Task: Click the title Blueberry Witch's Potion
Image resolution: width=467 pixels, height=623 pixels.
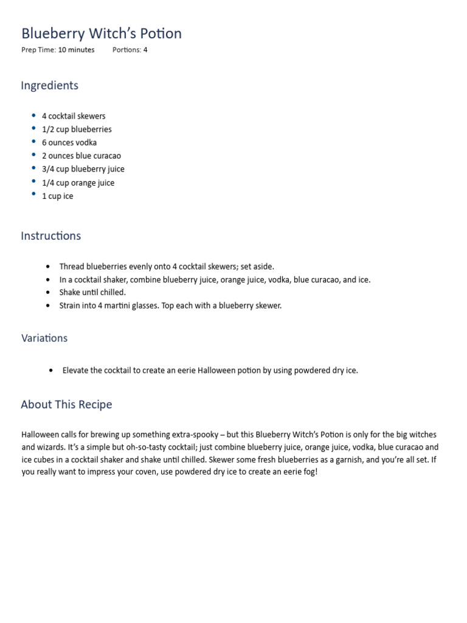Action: pyautogui.click(x=102, y=33)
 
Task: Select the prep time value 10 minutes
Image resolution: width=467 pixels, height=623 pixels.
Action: pyautogui.click(x=76, y=50)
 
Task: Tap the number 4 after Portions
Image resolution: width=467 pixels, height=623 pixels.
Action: pyautogui.click(x=145, y=50)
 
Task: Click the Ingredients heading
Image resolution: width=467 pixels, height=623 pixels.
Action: pyautogui.click(x=49, y=85)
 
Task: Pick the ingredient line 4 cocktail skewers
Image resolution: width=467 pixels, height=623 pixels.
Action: pyautogui.click(x=74, y=116)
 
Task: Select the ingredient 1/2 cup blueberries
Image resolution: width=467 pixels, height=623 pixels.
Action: pyautogui.click(x=77, y=129)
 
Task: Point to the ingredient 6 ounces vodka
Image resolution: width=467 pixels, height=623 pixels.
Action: pyautogui.click(x=69, y=142)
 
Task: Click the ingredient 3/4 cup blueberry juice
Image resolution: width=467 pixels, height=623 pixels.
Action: pyautogui.click(x=83, y=169)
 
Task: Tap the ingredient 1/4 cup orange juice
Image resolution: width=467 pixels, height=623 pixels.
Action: pyautogui.click(x=78, y=183)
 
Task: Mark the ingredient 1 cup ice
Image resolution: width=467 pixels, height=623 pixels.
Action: pyautogui.click(x=58, y=196)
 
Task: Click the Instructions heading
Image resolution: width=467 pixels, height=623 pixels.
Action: pyautogui.click(x=50, y=235)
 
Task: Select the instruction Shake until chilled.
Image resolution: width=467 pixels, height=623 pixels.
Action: pyautogui.click(x=92, y=292)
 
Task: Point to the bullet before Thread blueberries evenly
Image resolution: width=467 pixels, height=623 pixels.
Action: pyautogui.click(x=49, y=266)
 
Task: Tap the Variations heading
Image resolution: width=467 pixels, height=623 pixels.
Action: pyautogui.click(x=44, y=338)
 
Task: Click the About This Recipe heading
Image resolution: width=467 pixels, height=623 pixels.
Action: pyautogui.click(x=66, y=405)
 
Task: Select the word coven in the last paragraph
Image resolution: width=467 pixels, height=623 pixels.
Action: pyautogui.click(x=134, y=472)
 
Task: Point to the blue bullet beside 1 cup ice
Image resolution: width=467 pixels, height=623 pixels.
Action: pyautogui.click(x=33, y=195)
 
